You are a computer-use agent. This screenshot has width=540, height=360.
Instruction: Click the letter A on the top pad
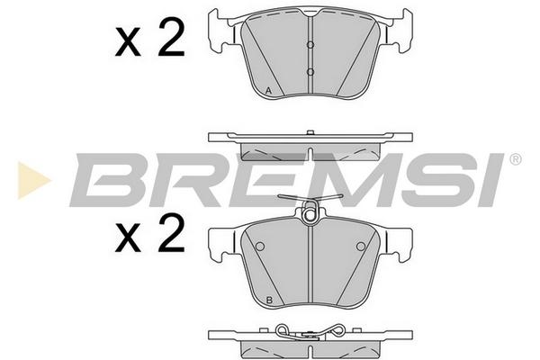[x=269, y=91]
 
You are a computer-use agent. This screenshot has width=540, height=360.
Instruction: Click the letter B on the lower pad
[x=269, y=300]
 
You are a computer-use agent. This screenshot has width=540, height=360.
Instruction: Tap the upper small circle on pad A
[x=310, y=45]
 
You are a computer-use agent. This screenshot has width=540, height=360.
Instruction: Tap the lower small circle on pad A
[x=310, y=72]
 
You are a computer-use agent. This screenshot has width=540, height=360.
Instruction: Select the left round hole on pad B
[x=260, y=247]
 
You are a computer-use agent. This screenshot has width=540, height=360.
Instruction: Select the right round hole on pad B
[x=361, y=247]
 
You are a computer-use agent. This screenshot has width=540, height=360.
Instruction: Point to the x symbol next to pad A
[x=128, y=44]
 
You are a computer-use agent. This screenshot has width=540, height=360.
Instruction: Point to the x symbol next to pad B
[x=128, y=238]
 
